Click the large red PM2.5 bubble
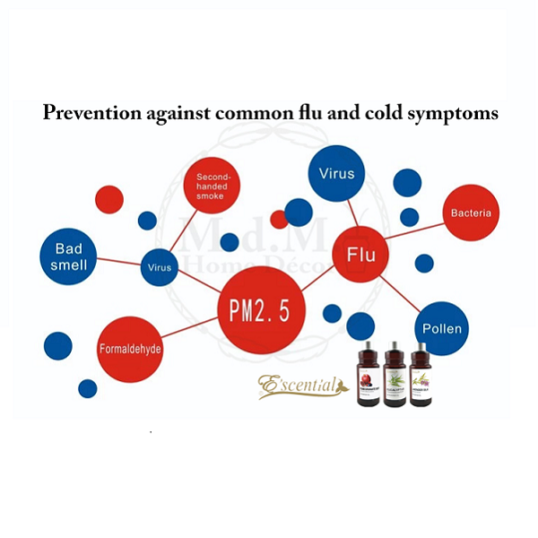coord(262,310)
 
